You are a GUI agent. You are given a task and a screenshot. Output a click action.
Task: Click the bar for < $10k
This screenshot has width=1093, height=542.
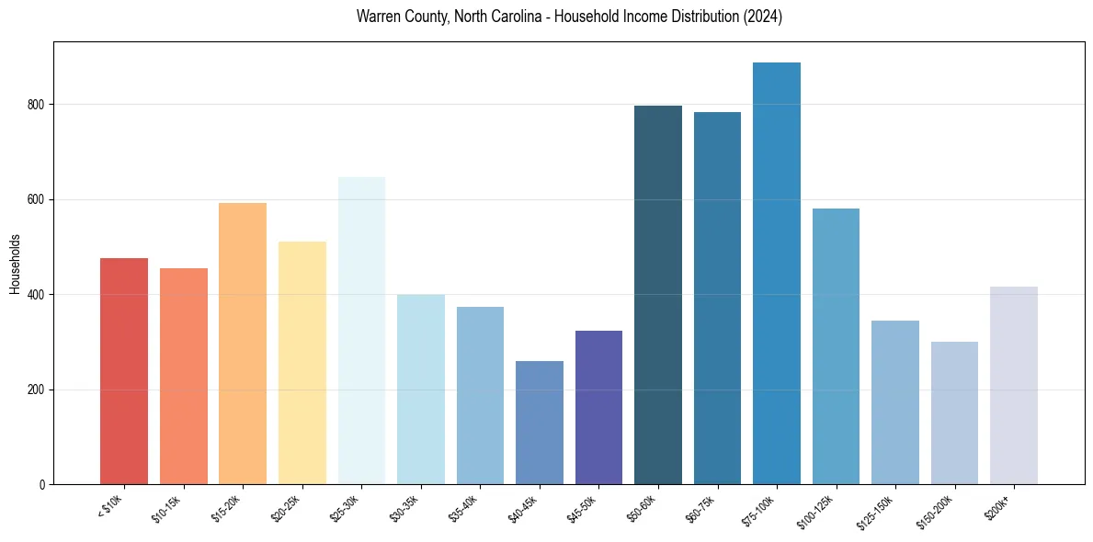124,371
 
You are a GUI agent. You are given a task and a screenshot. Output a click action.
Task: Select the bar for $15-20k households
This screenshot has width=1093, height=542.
243,344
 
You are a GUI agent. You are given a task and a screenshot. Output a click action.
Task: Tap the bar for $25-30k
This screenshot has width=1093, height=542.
361,331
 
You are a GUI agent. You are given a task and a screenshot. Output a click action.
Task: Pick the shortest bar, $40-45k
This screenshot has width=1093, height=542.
540,423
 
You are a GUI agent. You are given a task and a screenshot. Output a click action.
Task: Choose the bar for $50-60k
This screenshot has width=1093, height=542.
658,295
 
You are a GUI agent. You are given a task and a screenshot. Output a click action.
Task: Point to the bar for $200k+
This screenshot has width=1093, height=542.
1014,386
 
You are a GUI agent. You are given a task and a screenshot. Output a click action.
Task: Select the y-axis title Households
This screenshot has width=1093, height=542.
15,264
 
